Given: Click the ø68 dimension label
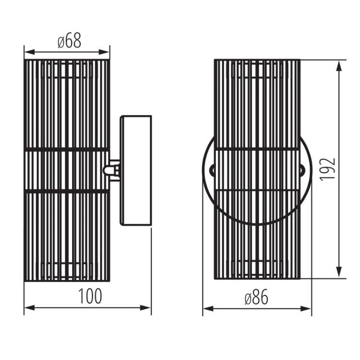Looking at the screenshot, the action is coord(69,41).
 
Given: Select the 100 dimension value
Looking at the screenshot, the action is coord(90,296).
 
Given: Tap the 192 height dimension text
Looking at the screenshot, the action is coord(328,169).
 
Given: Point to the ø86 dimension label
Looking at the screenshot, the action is coord(256,298).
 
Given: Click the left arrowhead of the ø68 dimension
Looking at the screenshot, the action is coord(29,52).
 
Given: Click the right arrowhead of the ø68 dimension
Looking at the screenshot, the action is coord(104,52).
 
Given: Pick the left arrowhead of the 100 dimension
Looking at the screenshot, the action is coord(29,308).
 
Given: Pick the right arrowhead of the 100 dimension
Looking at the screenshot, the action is coord(145,308).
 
